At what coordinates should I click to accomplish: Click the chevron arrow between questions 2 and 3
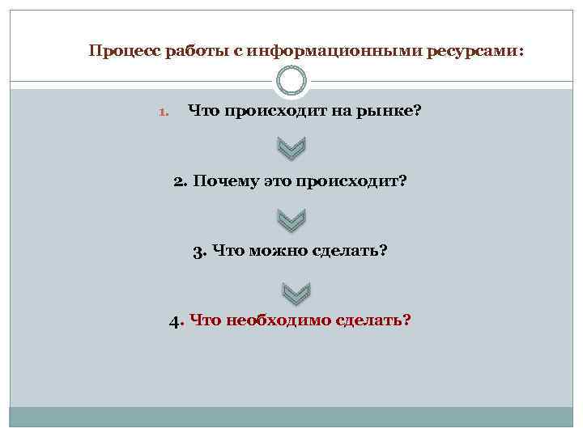291,218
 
